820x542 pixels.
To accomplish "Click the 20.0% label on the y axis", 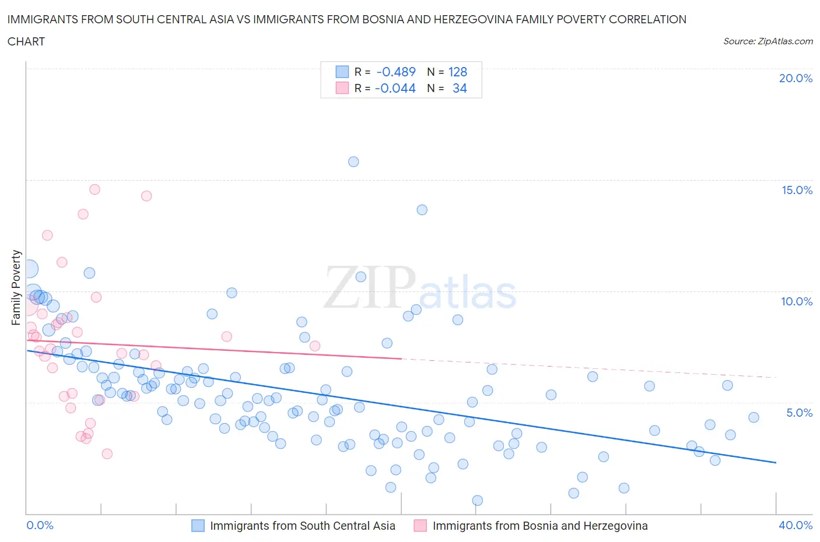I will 796,78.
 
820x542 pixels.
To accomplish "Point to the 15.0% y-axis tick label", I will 797,190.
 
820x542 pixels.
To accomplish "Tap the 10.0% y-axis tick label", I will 797,301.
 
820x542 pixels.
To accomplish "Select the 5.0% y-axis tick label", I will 799,413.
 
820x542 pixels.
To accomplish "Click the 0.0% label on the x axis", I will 40,525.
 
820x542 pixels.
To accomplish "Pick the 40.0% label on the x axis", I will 796,525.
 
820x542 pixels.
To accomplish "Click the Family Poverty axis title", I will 16,287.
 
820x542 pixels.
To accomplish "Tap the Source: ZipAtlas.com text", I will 768,41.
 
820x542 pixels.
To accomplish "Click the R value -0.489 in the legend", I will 396,72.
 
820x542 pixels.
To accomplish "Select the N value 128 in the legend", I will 458,72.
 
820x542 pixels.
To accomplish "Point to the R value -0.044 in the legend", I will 395,88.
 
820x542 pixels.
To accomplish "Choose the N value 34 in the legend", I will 460,88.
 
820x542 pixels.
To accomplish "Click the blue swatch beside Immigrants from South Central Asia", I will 198,526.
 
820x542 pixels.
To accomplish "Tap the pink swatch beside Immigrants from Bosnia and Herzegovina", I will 420,526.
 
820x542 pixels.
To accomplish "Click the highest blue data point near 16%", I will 353,162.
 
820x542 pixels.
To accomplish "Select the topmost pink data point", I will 94,189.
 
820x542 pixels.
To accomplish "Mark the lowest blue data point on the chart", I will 477,501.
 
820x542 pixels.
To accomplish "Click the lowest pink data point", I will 107,454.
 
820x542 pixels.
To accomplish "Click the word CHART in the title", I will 26,41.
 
